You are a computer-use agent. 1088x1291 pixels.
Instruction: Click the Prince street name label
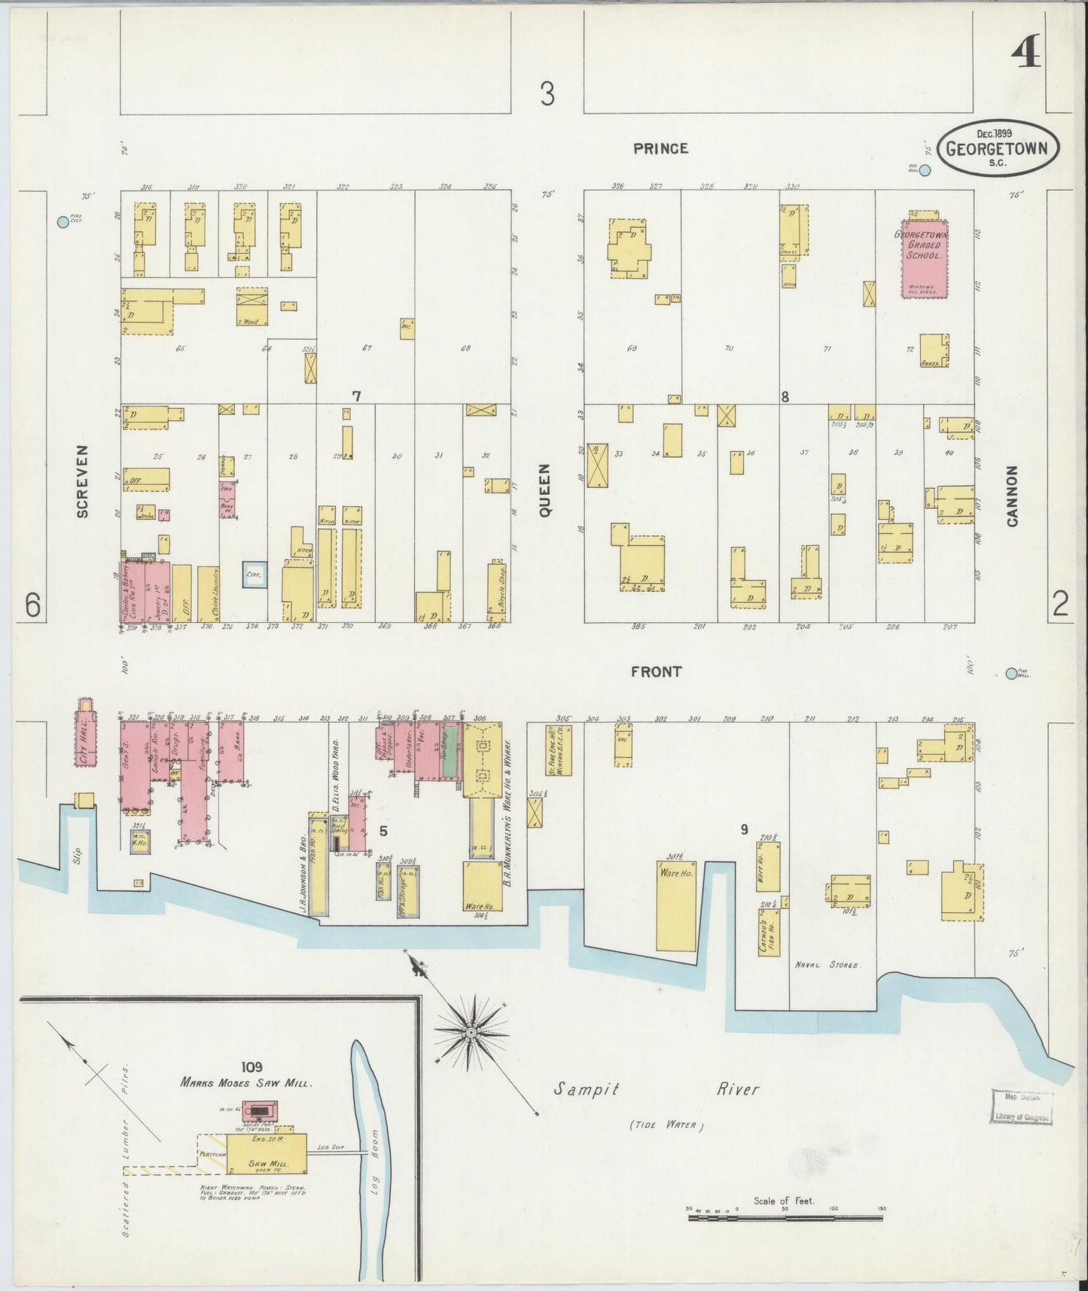660,148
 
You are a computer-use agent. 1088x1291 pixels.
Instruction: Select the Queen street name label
545,490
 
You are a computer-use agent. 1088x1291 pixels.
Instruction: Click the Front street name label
656,671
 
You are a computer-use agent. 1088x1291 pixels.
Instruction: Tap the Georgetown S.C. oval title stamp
997,148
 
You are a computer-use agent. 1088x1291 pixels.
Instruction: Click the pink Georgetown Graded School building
925,258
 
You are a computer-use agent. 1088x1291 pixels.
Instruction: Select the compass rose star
471,1031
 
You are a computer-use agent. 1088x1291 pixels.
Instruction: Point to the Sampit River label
657,1090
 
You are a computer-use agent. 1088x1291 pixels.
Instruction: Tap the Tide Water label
666,1126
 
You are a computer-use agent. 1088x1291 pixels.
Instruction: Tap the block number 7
356,395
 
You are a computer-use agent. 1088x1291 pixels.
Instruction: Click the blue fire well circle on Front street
1011,673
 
